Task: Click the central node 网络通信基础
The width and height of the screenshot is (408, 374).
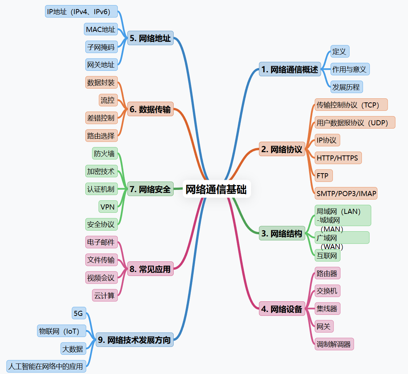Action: pos(216,189)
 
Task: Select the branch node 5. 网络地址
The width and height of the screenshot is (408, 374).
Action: pos(150,38)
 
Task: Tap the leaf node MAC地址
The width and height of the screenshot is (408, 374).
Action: pos(101,29)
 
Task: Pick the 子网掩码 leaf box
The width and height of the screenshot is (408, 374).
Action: pos(101,47)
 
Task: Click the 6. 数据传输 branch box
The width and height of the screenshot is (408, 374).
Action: pos(150,109)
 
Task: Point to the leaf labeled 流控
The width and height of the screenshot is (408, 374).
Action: pos(108,100)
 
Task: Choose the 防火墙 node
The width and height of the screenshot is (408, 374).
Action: pos(104,154)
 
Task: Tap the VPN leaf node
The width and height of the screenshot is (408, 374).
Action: pos(108,207)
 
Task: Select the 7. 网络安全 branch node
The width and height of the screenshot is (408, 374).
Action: pos(150,189)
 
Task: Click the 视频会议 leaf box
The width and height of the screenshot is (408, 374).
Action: pos(101,278)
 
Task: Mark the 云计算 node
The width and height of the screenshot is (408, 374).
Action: pos(104,296)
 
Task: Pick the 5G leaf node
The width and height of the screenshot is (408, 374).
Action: pos(78,313)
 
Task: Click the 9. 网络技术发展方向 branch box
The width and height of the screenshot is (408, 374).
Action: pos(134,340)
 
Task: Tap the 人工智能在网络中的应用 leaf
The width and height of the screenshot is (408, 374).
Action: pos(46,366)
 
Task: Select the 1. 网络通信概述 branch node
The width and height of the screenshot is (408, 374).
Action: pos(290,69)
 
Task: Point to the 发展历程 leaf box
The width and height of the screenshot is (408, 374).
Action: pos(346,87)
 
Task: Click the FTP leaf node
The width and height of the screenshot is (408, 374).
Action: pos(323,176)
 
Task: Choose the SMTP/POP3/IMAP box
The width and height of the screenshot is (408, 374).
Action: pos(346,194)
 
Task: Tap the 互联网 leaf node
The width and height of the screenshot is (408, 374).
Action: pos(327,256)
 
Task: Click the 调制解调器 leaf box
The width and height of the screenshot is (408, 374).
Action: pos(334,344)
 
